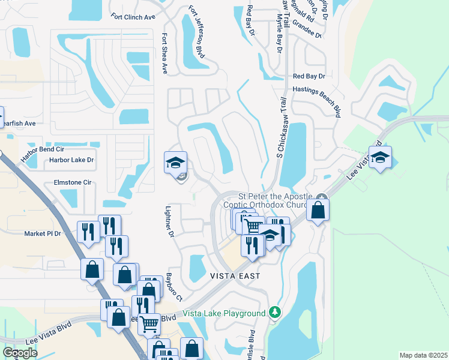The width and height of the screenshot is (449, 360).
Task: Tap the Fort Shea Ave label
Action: point(164,53)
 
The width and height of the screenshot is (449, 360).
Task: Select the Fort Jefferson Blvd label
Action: point(197,32)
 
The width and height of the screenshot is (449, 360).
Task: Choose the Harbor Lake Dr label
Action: point(71,160)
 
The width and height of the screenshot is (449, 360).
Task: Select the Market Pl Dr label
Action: point(43,233)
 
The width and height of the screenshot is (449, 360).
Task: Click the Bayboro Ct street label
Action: point(174,287)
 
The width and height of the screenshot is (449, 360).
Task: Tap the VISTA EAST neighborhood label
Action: point(235,276)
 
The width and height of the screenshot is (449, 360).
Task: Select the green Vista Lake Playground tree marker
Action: point(275,312)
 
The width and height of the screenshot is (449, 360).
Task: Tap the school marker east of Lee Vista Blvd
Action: point(380,158)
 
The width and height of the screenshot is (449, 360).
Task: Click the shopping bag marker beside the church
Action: point(318,211)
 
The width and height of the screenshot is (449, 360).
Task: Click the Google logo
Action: point(20,353)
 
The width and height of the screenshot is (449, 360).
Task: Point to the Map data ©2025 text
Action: point(423,355)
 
